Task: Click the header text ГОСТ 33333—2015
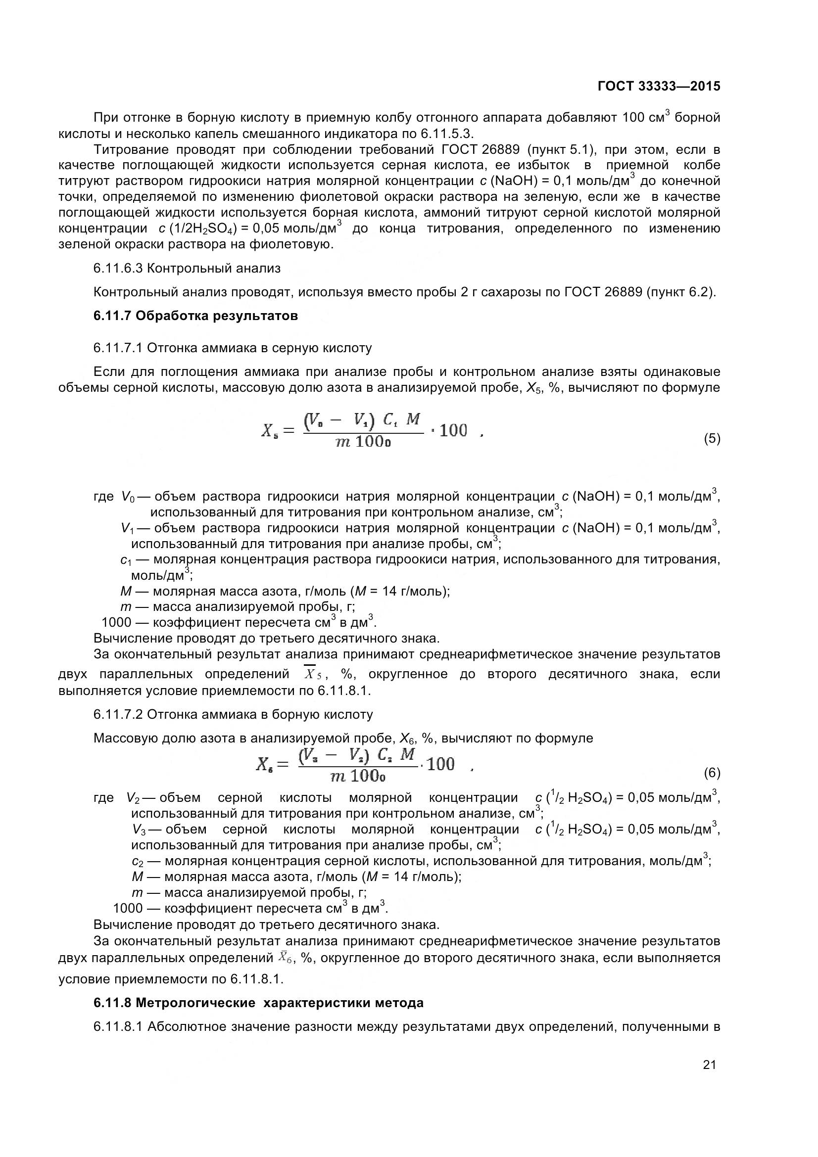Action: [x=658, y=86]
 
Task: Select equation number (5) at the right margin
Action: [x=712, y=438]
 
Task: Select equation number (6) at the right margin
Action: [x=712, y=773]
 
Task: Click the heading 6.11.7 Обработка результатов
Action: [x=195, y=316]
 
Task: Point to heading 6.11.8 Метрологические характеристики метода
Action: [x=258, y=1003]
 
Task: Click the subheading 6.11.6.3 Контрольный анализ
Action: [x=187, y=268]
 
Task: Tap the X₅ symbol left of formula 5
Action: [x=270, y=431]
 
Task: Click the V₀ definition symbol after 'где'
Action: [x=128, y=497]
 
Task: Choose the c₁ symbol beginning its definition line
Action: [x=126, y=560]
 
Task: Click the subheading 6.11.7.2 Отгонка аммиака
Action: [x=233, y=715]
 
